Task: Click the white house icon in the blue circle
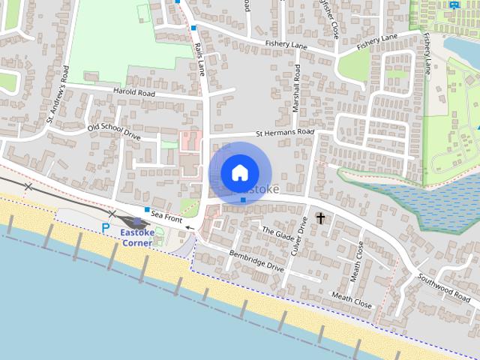239,173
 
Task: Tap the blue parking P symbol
106,227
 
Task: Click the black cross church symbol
321,218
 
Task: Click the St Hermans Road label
284,133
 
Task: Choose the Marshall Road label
296,88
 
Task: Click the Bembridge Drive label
256,260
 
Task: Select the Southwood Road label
444,285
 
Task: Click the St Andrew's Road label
58,94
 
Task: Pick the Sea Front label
166,216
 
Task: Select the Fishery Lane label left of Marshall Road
286,45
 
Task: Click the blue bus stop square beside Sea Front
148,209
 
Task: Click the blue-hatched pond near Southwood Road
420,199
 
